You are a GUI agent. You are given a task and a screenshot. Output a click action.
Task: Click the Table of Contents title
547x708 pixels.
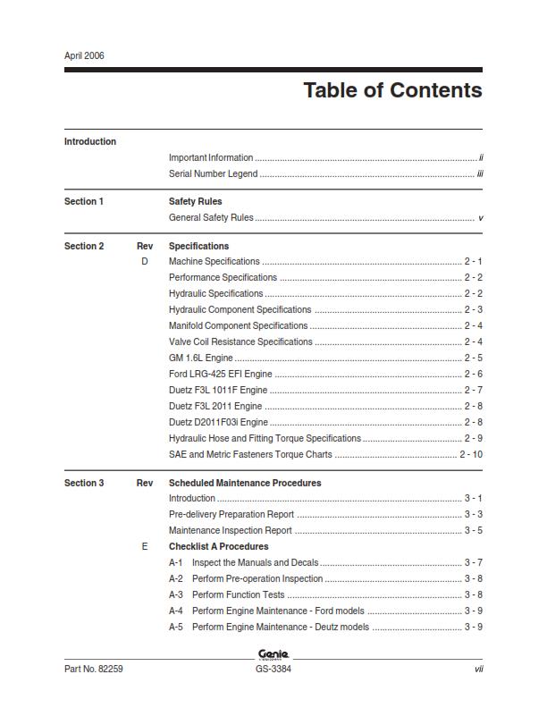click(x=392, y=90)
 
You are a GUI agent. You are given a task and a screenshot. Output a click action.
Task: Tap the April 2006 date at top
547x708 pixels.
click(x=84, y=55)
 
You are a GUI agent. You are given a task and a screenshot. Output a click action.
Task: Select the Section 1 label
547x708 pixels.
click(x=84, y=201)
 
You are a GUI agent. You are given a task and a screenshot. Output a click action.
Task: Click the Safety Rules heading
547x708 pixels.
click(x=195, y=201)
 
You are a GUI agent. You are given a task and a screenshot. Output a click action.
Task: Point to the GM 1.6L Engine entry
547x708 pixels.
click(x=200, y=358)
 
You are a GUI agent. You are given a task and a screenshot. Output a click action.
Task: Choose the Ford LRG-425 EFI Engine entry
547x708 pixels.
click(x=220, y=374)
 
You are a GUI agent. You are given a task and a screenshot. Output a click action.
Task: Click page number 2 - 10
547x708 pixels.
click(x=471, y=454)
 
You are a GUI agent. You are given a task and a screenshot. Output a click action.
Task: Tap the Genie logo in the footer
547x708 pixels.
click(x=273, y=653)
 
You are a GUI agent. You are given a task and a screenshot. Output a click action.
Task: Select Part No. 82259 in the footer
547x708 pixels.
click(x=93, y=669)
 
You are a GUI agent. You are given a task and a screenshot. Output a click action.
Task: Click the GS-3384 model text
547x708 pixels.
click(x=273, y=669)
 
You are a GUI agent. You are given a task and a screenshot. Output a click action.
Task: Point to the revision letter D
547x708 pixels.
click(x=145, y=261)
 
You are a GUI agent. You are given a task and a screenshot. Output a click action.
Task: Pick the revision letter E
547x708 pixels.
click(x=145, y=546)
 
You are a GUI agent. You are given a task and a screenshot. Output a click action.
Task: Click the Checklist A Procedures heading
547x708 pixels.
click(x=218, y=546)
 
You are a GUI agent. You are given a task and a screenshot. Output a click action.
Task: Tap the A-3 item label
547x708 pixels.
click(x=176, y=594)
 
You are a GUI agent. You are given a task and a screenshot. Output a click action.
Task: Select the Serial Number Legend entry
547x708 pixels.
click(x=213, y=173)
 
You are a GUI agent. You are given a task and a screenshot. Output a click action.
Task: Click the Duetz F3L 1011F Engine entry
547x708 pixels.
click(x=217, y=390)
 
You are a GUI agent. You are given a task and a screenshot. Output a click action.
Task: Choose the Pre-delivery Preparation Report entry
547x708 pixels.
click(x=231, y=514)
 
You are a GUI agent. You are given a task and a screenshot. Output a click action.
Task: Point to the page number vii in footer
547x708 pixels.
click(x=478, y=669)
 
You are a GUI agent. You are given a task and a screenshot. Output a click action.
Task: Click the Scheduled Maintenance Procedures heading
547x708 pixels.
click(x=244, y=483)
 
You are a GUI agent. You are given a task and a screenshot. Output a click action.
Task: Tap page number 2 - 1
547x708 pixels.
click(x=473, y=261)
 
